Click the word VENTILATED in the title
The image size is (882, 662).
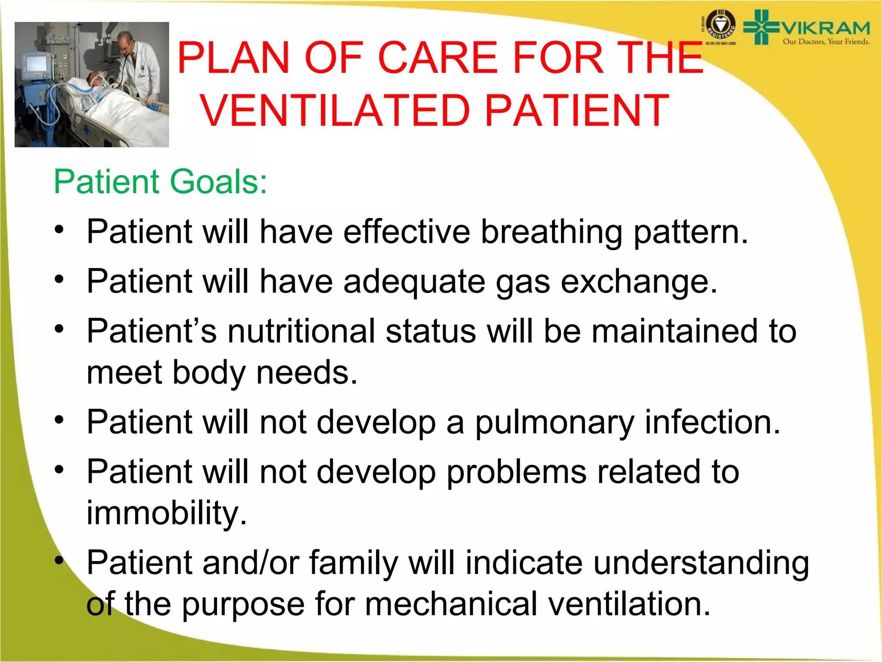pos(335,111)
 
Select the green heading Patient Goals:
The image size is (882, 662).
pos(160,181)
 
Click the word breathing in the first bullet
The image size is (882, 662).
pos(551,232)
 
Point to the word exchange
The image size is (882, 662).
pos(639,282)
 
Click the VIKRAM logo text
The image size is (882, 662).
pos(825,28)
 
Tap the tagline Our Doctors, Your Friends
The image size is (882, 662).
pos(826,42)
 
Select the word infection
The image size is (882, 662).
pos(712,422)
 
